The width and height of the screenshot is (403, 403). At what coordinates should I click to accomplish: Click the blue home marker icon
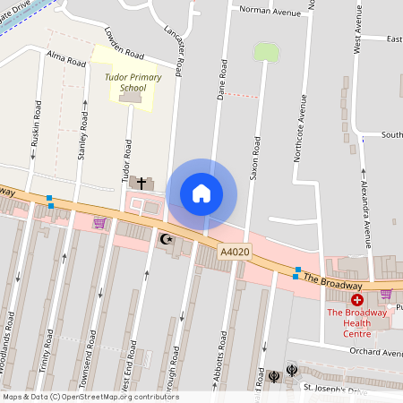pos(201,193)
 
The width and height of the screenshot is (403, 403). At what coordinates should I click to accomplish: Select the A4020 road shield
pos(235,253)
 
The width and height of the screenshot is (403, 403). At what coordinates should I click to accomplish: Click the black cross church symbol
pos(141,183)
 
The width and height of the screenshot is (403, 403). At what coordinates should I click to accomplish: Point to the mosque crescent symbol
pos(164,239)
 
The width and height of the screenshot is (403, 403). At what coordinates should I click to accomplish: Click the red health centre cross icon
pos(356,300)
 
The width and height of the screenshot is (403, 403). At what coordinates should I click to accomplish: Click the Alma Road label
pos(66,60)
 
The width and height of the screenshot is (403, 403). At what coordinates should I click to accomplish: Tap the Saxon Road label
pos(255,157)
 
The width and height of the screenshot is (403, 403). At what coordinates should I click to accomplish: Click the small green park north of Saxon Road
pos(266,52)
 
